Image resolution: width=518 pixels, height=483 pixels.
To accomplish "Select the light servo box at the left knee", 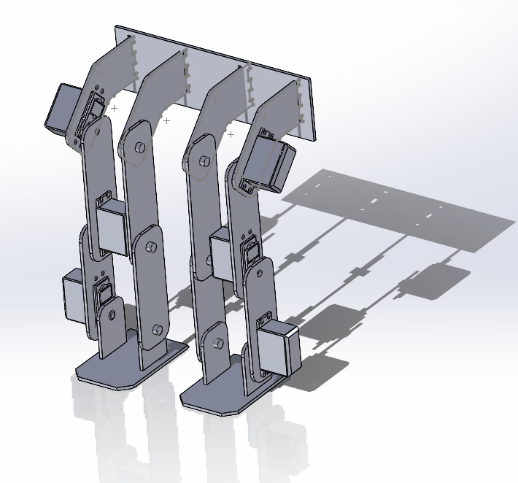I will click(111, 226).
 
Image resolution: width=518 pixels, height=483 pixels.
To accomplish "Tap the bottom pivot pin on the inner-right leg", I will click(217, 343).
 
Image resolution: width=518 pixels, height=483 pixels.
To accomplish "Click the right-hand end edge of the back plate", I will click(316, 109).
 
